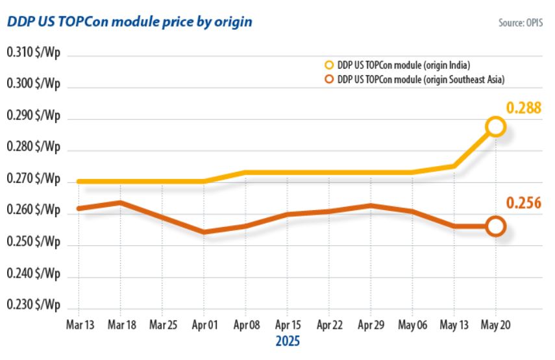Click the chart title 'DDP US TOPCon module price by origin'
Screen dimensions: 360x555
click(x=129, y=21)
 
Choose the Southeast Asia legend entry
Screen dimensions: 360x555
click(x=415, y=79)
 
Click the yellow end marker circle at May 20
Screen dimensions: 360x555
click(x=495, y=126)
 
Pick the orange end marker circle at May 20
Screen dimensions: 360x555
click(x=495, y=226)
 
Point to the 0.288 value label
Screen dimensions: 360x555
click(x=524, y=108)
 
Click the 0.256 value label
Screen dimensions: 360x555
click(x=524, y=205)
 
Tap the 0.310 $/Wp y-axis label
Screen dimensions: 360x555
click(x=33, y=53)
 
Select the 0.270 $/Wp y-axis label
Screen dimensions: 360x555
click(x=33, y=179)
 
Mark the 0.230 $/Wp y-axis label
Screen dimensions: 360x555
click(x=33, y=305)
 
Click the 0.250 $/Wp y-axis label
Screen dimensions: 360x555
click(x=33, y=242)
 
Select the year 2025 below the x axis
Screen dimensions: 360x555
click(x=287, y=341)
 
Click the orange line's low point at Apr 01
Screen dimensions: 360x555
click(x=204, y=232)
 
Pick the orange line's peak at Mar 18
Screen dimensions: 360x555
click(x=121, y=202)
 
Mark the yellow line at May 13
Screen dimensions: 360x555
click(x=454, y=166)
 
